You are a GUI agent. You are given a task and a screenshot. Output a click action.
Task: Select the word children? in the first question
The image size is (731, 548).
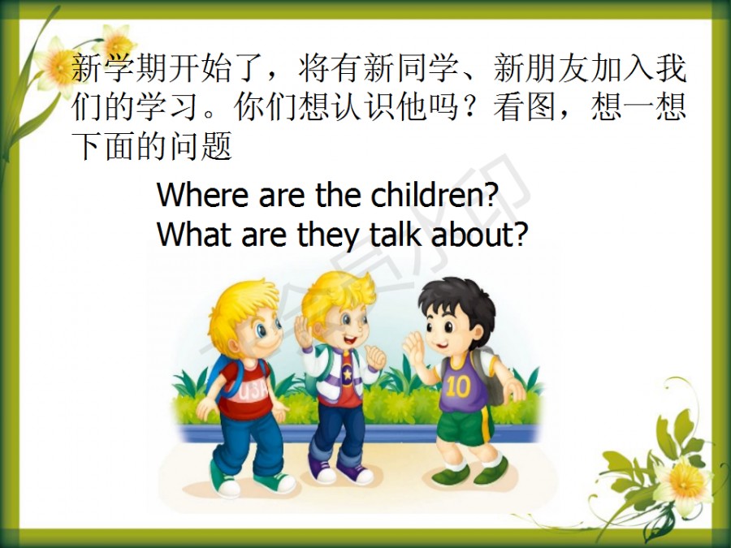pos(435,194)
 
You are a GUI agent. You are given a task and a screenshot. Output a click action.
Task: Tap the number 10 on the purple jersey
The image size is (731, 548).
pos(458,386)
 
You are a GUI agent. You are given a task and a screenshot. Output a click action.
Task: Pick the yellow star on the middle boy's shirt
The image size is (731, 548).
pos(348,374)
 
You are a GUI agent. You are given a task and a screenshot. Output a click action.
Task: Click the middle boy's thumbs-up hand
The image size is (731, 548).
pos(376,357)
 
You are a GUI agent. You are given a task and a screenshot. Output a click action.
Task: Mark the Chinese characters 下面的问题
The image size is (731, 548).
pos(152,146)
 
